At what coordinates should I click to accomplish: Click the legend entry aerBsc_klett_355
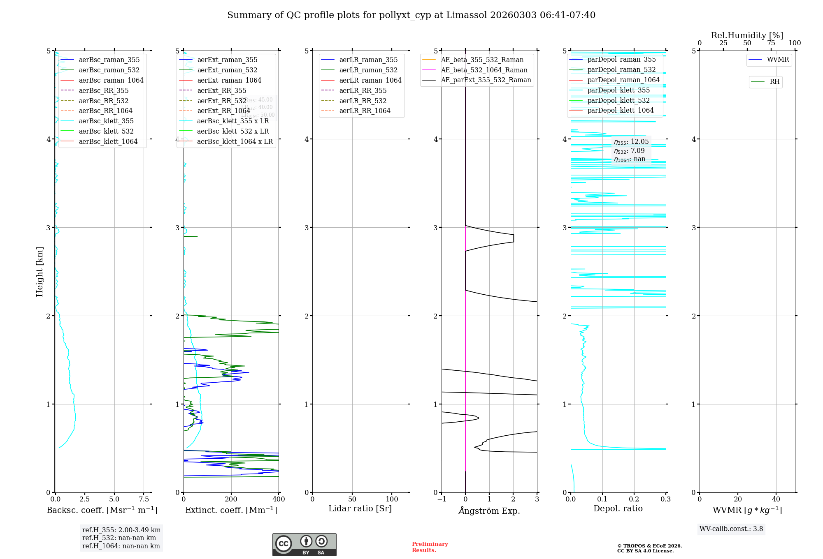tap(106, 121)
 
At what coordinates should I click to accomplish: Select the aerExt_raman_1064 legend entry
tap(229, 80)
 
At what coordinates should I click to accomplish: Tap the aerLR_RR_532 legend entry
tap(363, 101)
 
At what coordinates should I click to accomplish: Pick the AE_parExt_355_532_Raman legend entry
tap(486, 80)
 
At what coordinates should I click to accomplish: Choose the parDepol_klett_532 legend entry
tap(618, 100)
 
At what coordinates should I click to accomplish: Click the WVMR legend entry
tap(778, 60)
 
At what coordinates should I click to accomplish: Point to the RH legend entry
tap(774, 82)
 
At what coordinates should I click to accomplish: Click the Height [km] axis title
tap(40, 272)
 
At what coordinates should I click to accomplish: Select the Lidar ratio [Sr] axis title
tap(360, 508)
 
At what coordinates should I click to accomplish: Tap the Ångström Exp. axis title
tap(489, 510)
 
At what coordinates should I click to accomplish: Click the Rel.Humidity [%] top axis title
tap(747, 35)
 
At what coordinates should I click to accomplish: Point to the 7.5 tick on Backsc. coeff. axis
tap(144, 499)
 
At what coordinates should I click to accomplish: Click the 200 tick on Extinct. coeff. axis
tap(231, 499)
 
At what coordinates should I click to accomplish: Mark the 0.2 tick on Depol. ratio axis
tap(634, 499)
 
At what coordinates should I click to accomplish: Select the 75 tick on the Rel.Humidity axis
tap(771, 43)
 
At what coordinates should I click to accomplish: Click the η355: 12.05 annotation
tap(631, 142)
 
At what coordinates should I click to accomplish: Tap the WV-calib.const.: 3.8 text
tap(731, 529)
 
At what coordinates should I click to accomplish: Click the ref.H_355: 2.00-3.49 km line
tap(121, 530)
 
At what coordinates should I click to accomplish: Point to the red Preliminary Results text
tap(430, 547)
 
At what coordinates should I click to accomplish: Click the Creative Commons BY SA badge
tap(304, 545)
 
